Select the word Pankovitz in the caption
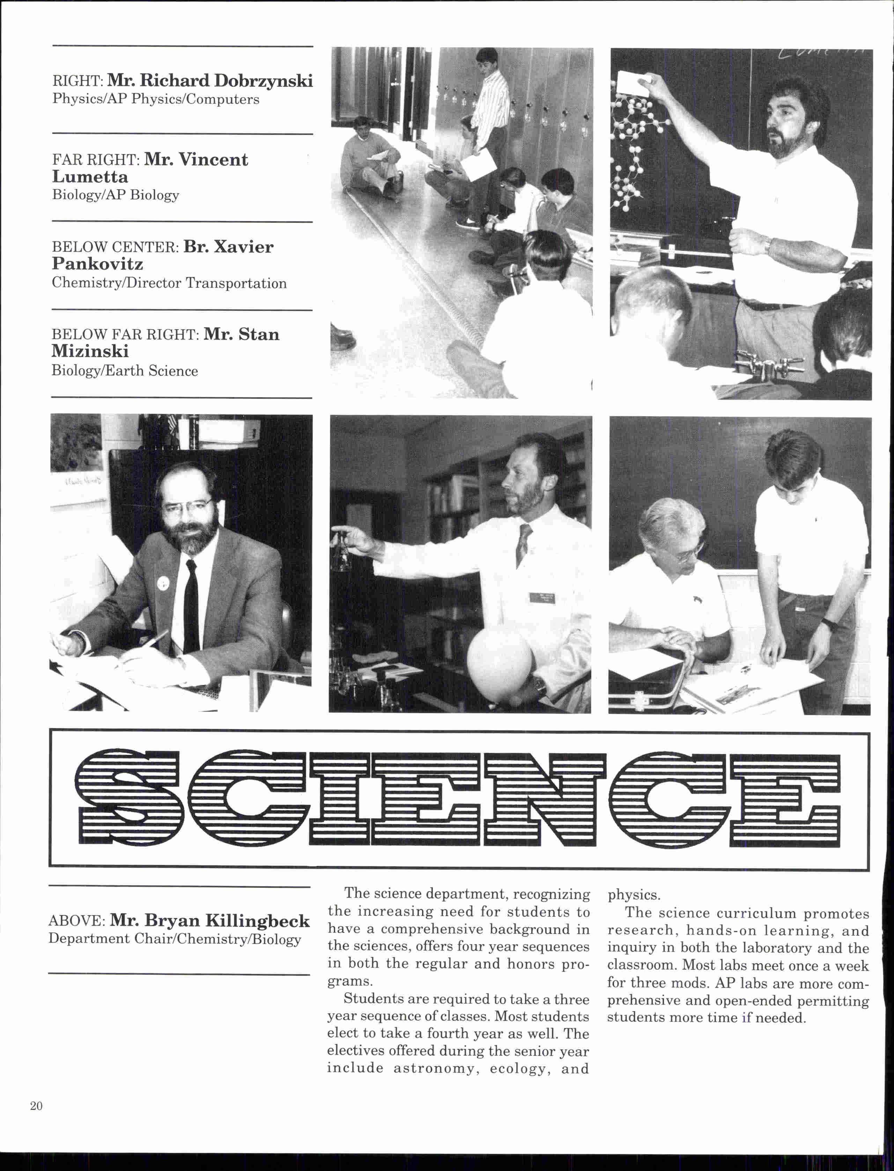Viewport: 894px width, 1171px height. click(x=97, y=264)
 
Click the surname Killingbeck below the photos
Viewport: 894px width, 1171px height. click(x=257, y=920)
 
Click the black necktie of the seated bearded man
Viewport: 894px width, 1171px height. click(x=191, y=607)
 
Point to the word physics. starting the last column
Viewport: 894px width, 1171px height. click(x=634, y=895)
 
